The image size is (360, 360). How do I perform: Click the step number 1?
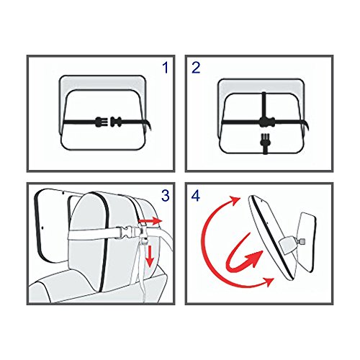166,68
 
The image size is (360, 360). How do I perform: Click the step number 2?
196,68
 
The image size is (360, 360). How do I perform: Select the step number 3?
166,195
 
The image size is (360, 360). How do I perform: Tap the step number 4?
196,195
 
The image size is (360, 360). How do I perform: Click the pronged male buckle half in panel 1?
99,122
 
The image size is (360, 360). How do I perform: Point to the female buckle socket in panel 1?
117,122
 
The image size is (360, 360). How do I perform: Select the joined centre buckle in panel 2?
266,122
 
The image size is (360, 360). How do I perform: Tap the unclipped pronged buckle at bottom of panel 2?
265,143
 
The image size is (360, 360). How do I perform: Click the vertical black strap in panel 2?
264,105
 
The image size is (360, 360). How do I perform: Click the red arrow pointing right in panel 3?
150,221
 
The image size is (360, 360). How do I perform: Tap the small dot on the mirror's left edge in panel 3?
42,227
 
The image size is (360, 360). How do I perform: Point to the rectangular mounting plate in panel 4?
306,243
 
